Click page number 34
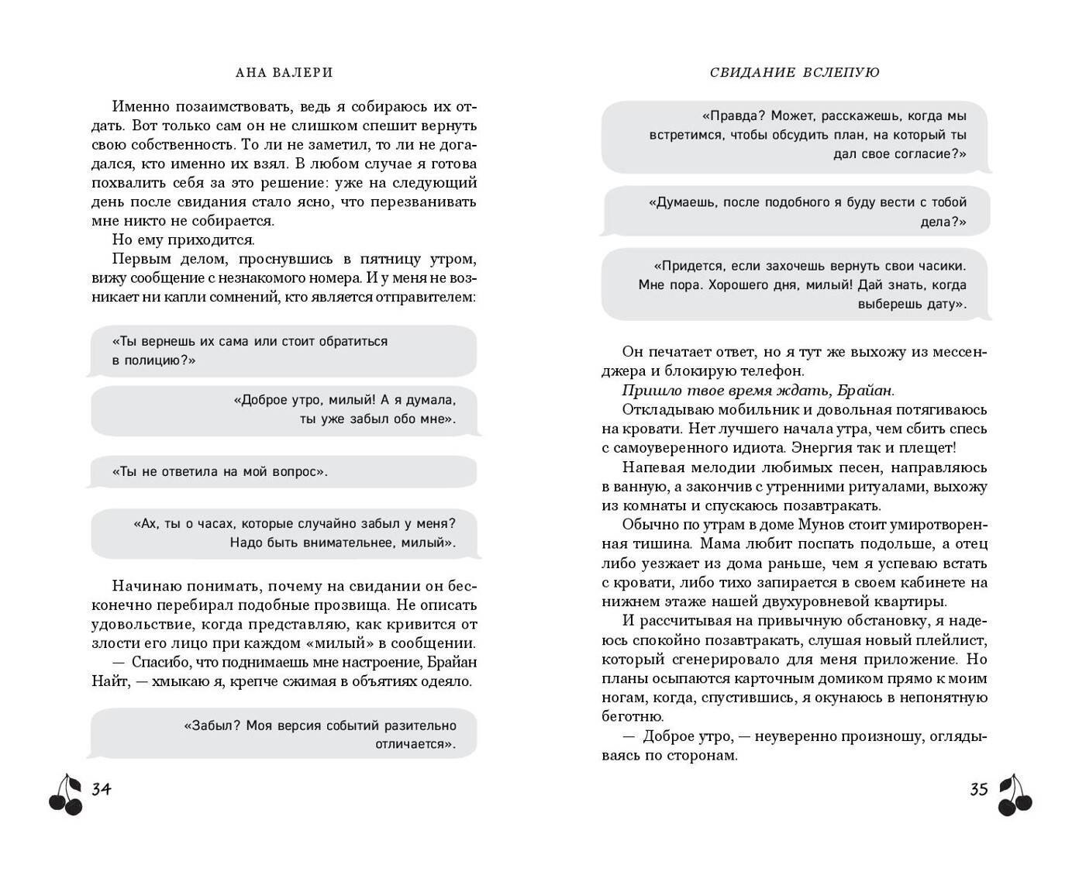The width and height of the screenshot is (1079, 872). point(102,789)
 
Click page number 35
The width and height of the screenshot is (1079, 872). point(978,789)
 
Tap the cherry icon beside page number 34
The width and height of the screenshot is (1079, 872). point(66,795)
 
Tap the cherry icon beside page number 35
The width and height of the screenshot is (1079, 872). point(1015,795)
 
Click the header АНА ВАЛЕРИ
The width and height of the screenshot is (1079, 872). point(283,72)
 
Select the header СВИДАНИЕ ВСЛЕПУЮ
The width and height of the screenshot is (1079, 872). point(794,72)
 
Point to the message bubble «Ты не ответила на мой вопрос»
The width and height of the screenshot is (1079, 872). point(283,471)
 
